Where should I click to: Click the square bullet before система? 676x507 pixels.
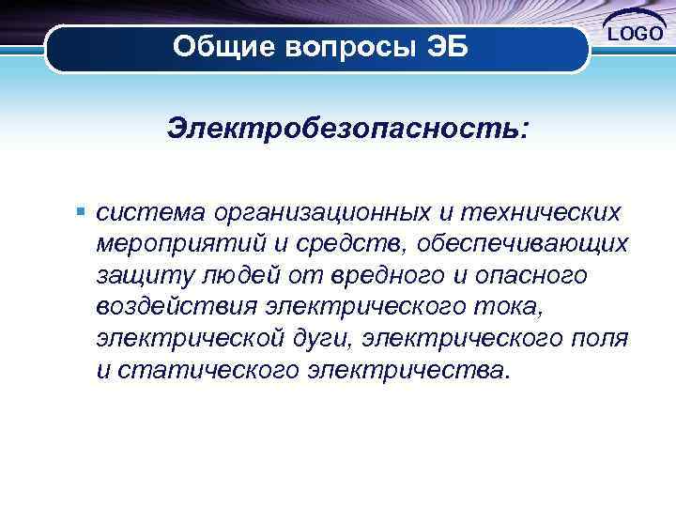[84, 212]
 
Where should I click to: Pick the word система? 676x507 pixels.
[149, 213]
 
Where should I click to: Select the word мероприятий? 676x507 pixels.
[180, 244]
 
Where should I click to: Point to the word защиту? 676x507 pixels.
[142, 276]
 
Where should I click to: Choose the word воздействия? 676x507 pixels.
[177, 307]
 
